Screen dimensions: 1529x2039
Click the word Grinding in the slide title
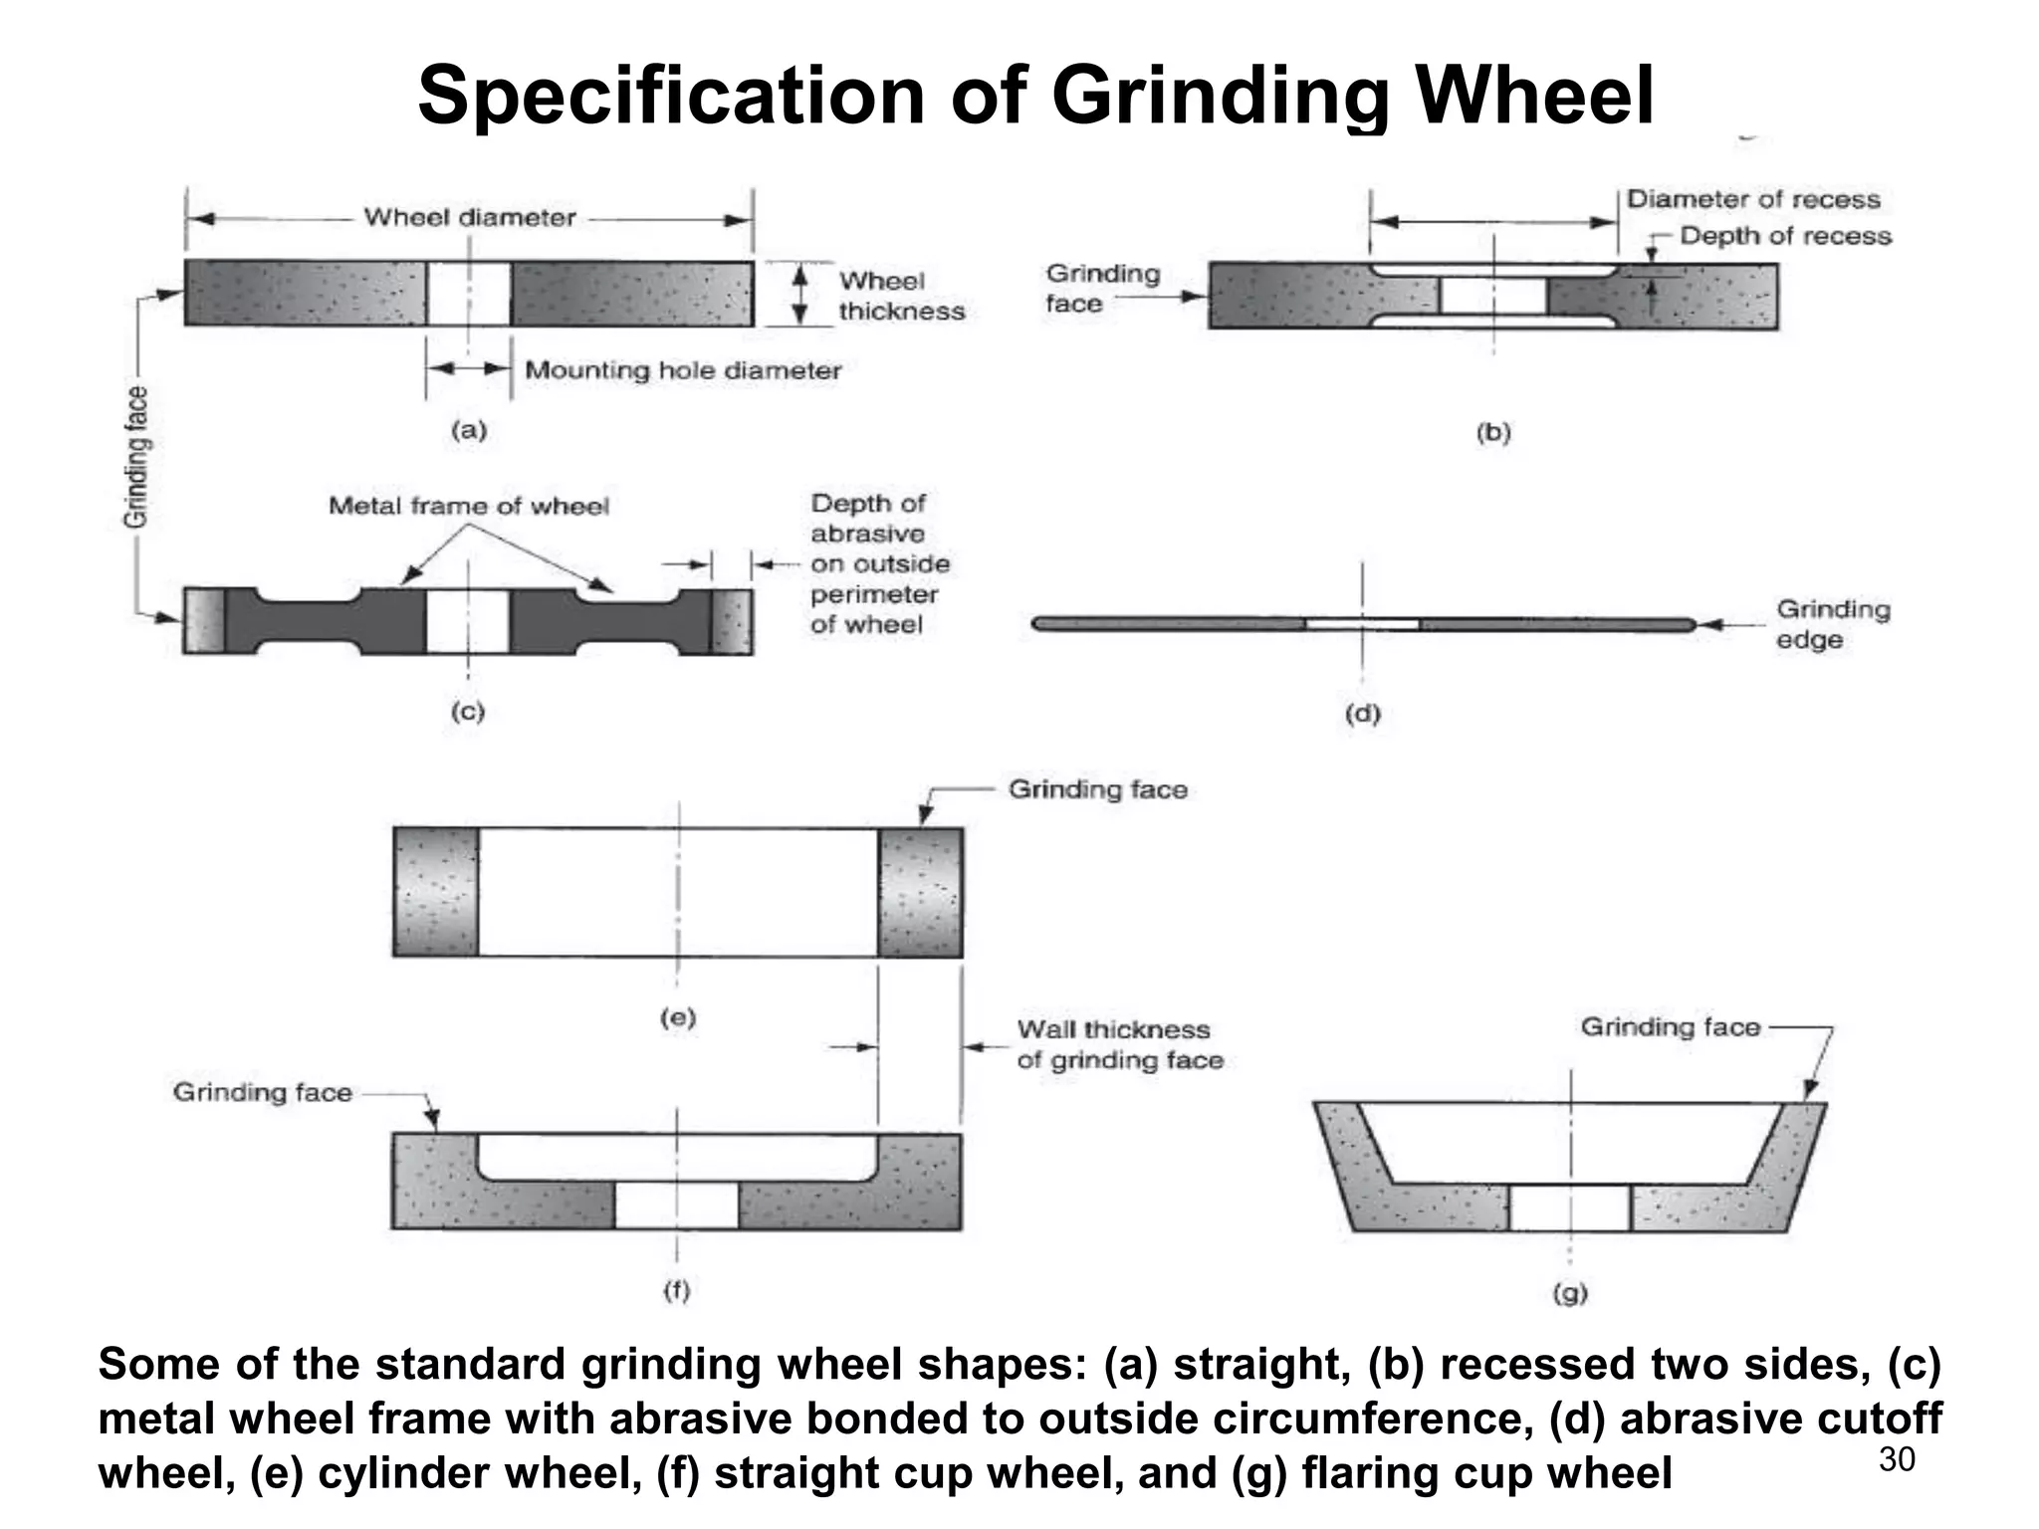point(1219,97)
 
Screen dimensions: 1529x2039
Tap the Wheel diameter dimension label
point(469,218)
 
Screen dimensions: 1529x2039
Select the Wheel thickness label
point(901,296)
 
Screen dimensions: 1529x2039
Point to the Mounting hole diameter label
point(683,370)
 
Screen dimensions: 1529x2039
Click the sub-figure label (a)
point(469,431)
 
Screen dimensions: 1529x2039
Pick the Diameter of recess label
point(1752,200)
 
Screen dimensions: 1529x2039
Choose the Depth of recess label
point(1785,236)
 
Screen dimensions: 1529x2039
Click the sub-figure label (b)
point(1493,433)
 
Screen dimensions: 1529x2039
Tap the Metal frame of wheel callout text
point(469,507)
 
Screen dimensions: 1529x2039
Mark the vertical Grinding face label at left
point(135,456)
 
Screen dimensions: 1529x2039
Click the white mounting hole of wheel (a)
point(469,294)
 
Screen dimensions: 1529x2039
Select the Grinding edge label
point(1832,624)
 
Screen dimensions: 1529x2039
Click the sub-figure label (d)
point(1362,714)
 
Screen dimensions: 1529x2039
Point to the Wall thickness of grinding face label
point(1119,1044)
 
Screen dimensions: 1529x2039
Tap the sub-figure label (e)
point(678,1017)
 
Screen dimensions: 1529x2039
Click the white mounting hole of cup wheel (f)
point(677,1205)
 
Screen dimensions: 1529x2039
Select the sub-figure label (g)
point(1570,1294)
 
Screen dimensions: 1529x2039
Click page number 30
point(1896,1459)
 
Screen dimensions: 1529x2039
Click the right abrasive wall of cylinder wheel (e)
point(920,892)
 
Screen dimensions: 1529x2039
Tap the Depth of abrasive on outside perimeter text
point(879,564)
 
